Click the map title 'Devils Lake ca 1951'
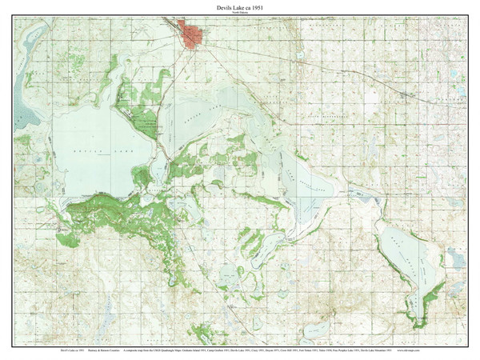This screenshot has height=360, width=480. pyautogui.click(x=239, y=7)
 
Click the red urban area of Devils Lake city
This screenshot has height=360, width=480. pyautogui.click(x=192, y=35)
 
